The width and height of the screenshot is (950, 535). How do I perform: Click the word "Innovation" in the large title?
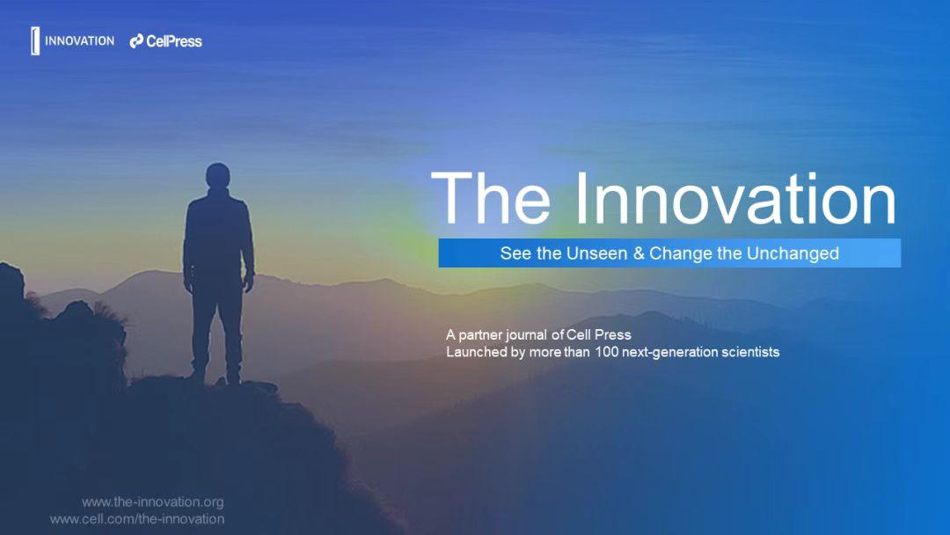pos(735,199)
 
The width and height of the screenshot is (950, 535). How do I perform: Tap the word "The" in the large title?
pos(493,199)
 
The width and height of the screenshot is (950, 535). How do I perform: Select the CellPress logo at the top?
pos(166,40)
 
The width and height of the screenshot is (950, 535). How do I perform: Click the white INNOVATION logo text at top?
pos(79,40)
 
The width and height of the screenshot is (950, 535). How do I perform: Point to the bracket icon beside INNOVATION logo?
pos(35,40)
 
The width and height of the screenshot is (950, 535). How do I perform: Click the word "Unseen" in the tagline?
pos(598,253)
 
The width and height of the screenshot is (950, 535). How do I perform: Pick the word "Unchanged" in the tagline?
pos(793,253)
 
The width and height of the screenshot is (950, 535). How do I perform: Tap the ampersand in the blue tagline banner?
pos(639,253)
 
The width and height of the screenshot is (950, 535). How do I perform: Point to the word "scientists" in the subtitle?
pos(749,352)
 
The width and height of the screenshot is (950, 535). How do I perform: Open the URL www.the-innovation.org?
pos(152,502)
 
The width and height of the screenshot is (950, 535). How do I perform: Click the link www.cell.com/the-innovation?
pos(137,519)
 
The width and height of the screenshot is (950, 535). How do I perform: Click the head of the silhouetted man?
pos(216,177)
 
